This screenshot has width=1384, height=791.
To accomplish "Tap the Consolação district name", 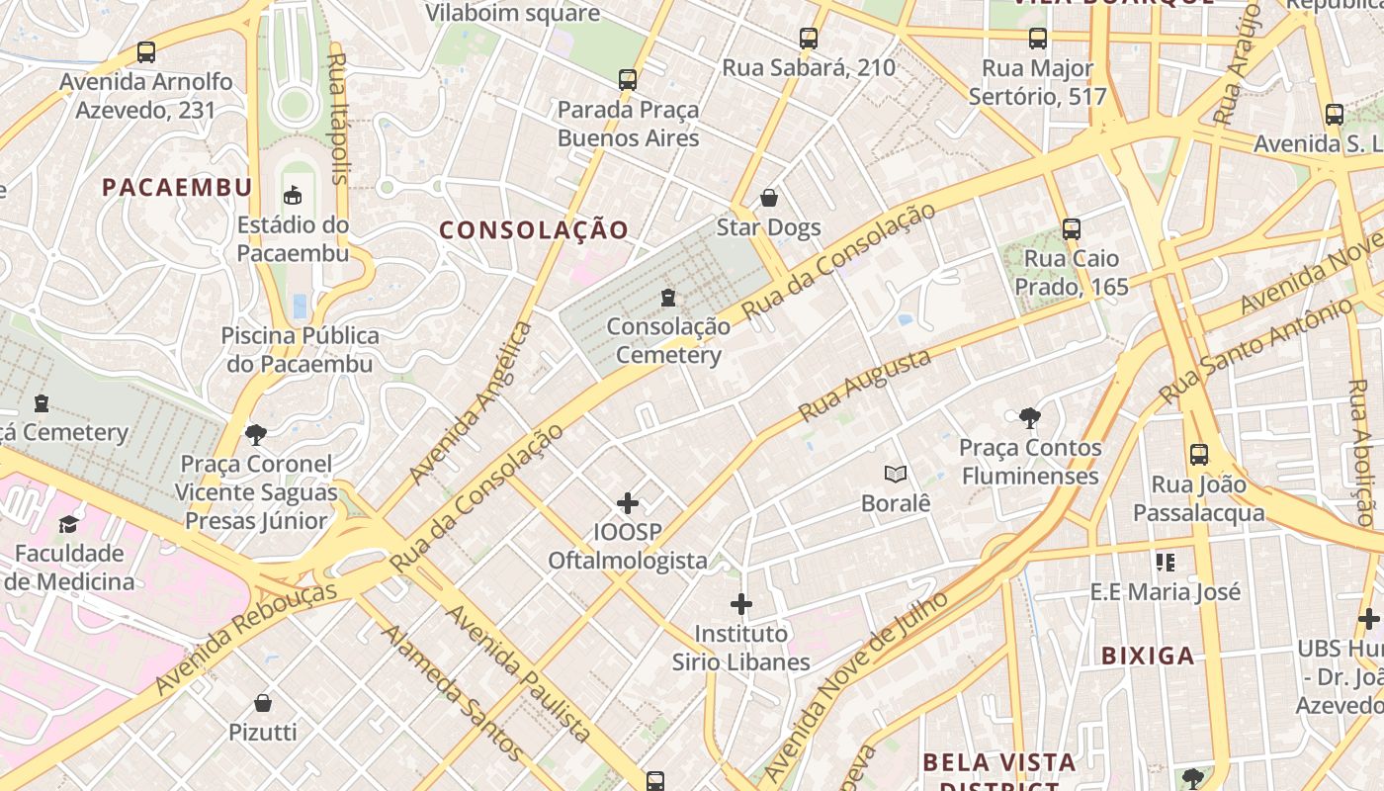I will click(x=534, y=230).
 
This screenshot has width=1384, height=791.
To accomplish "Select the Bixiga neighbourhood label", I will click(x=1148, y=656).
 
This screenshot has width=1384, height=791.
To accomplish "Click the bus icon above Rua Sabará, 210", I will click(x=809, y=39).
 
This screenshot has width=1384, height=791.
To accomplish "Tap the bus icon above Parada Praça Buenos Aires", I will click(x=628, y=80).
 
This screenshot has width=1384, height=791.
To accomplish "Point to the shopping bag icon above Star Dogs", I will click(x=768, y=198).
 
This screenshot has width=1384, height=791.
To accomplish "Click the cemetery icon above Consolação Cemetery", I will click(x=668, y=297).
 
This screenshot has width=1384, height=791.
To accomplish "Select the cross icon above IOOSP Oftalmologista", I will click(x=628, y=503).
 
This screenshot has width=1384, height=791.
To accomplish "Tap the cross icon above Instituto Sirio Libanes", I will click(x=740, y=604).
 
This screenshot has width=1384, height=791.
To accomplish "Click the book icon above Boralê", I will click(x=896, y=475).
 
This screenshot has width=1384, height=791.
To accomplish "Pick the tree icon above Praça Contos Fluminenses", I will click(x=1029, y=418).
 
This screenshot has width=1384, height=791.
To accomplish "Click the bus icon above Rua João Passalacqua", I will click(x=1199, y=455).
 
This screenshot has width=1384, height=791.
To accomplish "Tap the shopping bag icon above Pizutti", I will click(x=263, y=703).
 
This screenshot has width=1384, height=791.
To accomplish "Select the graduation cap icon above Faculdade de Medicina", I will click(x=68, y=524).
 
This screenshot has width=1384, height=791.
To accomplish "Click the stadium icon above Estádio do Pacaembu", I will click(x=293, y=195).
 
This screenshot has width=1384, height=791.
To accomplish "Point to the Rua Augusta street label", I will click(x=865, y=385).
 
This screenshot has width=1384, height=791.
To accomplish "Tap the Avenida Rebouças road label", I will click(x=245, y=639).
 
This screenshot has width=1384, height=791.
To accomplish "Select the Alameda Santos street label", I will click(x=452, y=692).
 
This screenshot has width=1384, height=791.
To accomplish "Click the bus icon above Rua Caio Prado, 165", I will click(x=1072, y=229).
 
